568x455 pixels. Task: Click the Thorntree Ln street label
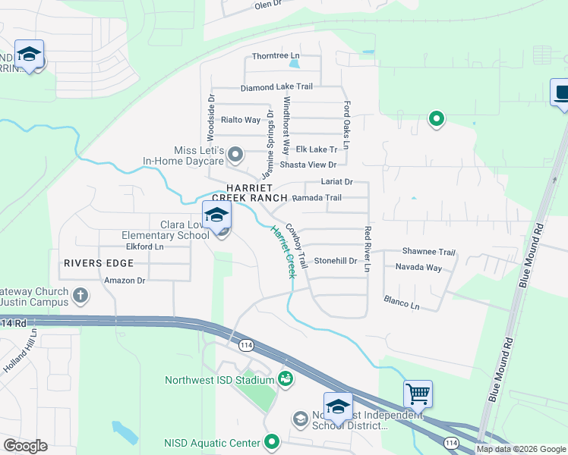point(276,56)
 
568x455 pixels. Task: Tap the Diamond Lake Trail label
point(276,87)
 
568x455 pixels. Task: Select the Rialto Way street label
point(241,120)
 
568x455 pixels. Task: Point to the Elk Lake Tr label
point(316,149)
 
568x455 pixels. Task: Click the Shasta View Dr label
point(308,165)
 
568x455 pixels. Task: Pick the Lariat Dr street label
point(337,182)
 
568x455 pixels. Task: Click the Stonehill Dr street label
point(335,261)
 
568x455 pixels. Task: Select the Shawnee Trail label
point(428,253)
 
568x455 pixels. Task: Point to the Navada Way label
point(418,268)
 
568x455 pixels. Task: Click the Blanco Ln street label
point(401,302)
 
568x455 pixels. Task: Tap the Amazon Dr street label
point(125,280)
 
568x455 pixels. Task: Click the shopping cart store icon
point(418,394)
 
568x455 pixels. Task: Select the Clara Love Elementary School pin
point(216,215)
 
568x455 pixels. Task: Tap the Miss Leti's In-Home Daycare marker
point(235,155)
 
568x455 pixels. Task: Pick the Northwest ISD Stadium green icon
point(286,378)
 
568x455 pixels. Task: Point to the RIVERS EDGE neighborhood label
point(99,263)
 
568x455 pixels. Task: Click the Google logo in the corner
point(25,446)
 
